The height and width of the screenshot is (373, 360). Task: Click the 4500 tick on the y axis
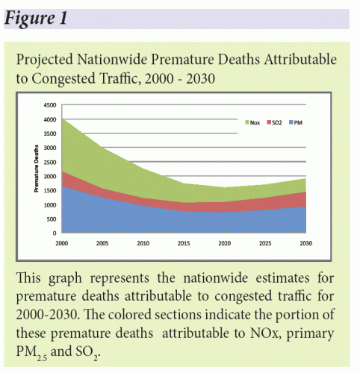(50, 105)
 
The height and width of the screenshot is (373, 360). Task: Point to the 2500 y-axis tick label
(50, 162)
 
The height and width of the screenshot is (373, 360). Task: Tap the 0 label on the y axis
(55, 233)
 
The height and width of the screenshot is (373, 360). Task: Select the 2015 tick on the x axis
(184, 243)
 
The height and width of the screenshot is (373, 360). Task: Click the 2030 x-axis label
(306, 243)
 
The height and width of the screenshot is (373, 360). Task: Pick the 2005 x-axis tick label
(102, 243)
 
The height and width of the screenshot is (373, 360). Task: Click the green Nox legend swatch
(247, 122)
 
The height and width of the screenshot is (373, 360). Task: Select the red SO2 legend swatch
(269, 122)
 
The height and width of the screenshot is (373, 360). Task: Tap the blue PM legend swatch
(291, 122)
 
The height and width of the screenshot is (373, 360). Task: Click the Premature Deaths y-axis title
(37, 169)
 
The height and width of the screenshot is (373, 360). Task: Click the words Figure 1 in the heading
(36, 19)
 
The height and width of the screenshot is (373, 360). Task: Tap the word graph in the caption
(65, 278)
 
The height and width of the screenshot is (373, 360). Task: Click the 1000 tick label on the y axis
(50, 205)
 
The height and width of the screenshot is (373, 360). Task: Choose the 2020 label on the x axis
(225, 243)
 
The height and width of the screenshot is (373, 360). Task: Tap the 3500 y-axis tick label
(50, 134)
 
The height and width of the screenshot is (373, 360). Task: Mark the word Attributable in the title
(300, 60)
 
